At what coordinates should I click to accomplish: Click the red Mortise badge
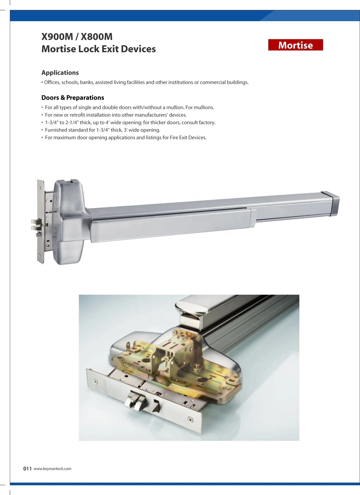click(295, 45)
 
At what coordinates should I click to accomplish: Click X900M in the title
click(57, 37)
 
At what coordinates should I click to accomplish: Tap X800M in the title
click(96, 37)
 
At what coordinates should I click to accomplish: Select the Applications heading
click(60, 73)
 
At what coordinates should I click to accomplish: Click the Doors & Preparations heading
click(73, 98)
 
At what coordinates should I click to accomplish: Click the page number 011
click(27, 469)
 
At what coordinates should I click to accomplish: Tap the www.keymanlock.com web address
click(52, 469)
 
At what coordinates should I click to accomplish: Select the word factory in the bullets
click(207, 123)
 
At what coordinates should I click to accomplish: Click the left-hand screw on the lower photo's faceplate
click(96, 382)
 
